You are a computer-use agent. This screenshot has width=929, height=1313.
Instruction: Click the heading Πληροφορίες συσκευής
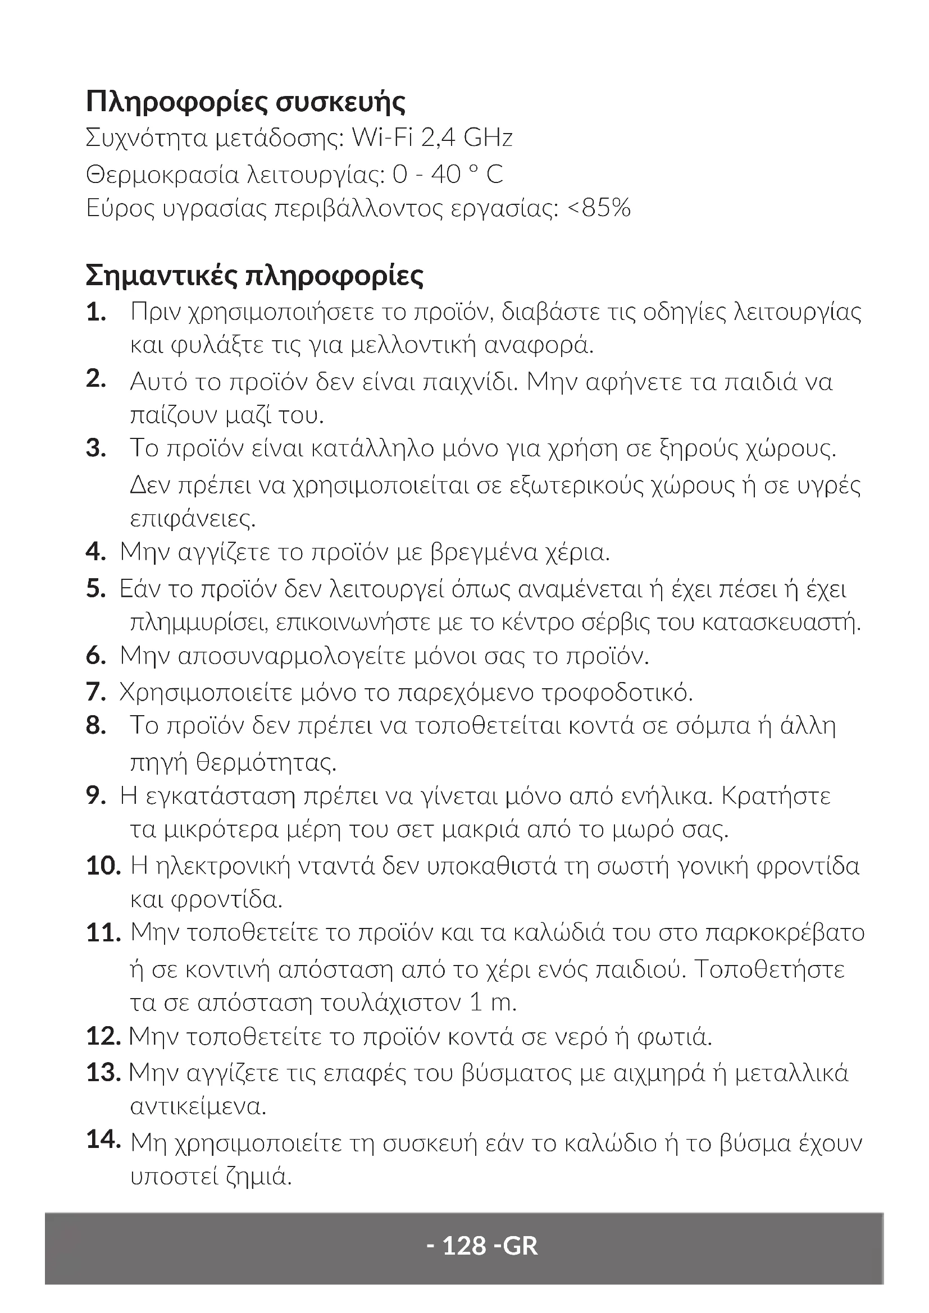pos(245,102)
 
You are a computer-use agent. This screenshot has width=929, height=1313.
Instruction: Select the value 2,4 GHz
pos(466,138)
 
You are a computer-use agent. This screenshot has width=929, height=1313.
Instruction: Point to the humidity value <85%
pos(599,208)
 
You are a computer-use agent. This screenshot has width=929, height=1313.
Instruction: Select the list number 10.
pos(103,866)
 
